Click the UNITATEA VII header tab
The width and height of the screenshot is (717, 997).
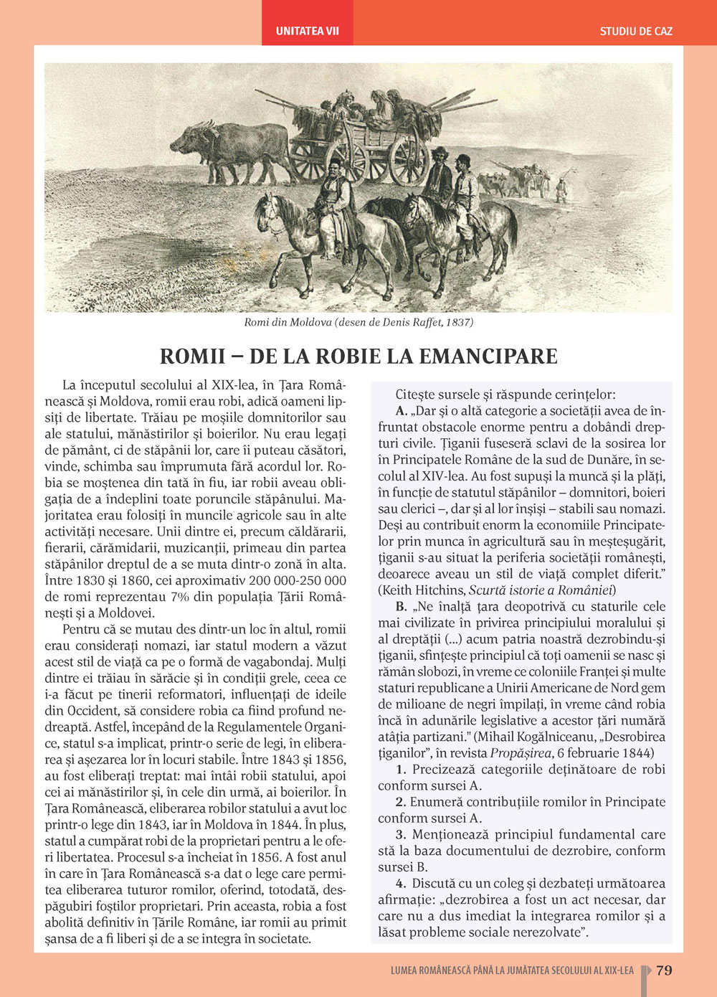click(307, 31)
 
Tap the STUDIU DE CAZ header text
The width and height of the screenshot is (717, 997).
click(636, 31)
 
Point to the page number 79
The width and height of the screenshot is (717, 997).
click(664, 970)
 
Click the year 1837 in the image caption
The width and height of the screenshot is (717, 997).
click(459, 322)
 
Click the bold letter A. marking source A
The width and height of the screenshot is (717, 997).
click(402, 411)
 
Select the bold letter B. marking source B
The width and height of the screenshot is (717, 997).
click(402, 607)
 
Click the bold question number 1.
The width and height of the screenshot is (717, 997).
click(400, 770)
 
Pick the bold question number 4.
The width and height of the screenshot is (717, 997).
click(400, 884)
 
